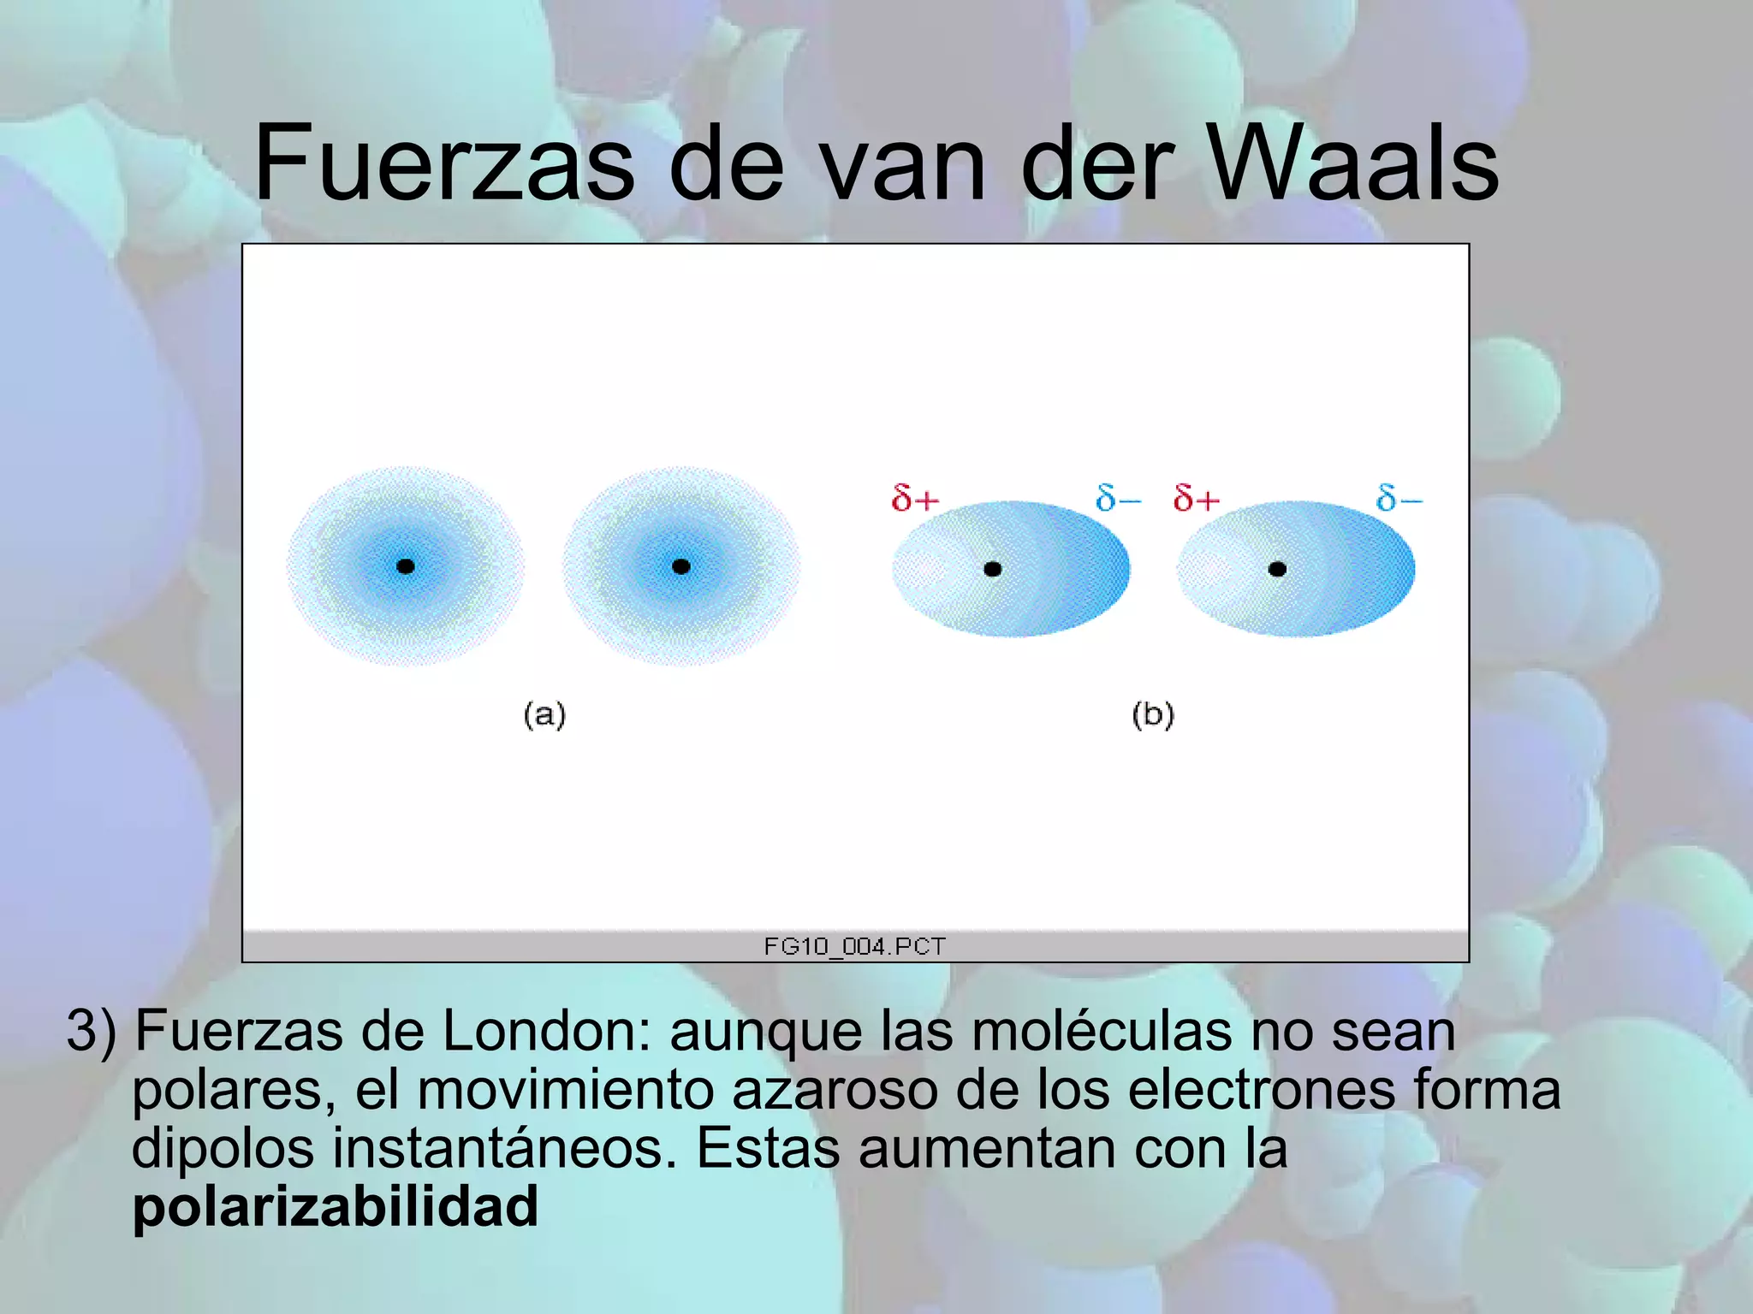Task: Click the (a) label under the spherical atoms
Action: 544,714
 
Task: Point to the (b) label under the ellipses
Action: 1153,714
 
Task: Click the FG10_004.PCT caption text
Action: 854,946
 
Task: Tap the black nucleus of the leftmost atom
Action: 406,566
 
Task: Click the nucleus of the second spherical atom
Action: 681,566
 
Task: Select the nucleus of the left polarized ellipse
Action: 993,569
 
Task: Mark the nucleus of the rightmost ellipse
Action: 1277,569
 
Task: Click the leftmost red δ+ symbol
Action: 915,498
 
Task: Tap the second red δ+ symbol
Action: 1196,498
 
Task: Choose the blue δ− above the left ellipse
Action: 1118,498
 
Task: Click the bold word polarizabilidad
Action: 335,1206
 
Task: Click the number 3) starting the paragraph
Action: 91,1032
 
